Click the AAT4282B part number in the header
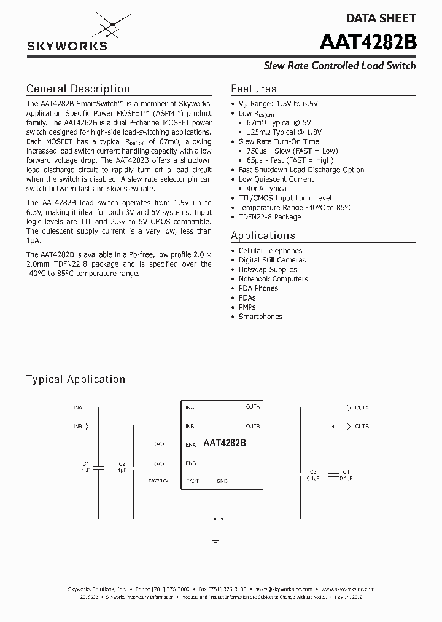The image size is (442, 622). click(x=368, y=43)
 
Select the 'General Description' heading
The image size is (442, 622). click(x=77, y=89)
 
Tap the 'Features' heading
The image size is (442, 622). click(x=254, y=89)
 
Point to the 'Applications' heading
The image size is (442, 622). click(x=263, y=235)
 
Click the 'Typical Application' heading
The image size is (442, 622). click(x=76, y=379)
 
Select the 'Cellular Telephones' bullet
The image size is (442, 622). click(x=270, y=251)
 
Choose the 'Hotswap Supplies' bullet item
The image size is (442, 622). click(x=267, y=269)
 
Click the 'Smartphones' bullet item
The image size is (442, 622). click(x=260, y=317)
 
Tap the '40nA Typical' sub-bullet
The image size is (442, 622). click(x=266, y=189)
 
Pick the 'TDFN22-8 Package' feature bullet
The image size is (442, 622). click(x=269, y=217)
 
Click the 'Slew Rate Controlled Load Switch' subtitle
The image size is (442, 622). click(x=339, y=66)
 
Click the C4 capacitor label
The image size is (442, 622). click(x=346, y=471)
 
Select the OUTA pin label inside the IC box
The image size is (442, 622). click(x=253, y=407)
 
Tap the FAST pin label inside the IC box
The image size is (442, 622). click(x=192, y=481)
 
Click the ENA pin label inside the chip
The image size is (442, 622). click(x=190, y=444)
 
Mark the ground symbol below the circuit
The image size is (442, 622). click(x=215, y=541)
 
